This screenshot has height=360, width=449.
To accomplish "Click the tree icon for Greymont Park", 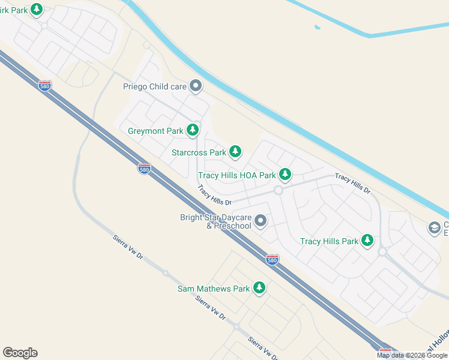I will coord(193,130).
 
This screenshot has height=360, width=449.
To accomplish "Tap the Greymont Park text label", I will coord(155,130).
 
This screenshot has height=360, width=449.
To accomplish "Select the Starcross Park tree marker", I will coord(236,152).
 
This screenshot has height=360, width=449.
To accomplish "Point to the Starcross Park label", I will coord(199,152).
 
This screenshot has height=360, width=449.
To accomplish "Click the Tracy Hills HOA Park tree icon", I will coord(285,175).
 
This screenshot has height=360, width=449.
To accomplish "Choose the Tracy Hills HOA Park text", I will coord(237,175).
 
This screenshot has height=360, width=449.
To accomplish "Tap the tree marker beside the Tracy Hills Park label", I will coord(367,241).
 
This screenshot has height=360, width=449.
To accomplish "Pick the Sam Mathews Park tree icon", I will coord(259,288).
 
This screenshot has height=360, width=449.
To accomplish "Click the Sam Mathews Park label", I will coord(213,289).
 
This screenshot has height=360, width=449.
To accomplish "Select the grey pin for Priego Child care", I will coord(196,86).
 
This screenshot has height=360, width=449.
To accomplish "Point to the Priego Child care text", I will coord(155,86).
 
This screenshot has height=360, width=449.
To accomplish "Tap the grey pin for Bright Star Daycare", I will coord(261,221).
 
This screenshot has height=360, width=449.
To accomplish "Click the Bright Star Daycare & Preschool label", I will coord(215,221).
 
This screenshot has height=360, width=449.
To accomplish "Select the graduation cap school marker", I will coord(434,227).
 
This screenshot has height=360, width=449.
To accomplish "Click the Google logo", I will coord(20,353).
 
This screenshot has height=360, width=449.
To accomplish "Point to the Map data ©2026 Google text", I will coord(412,355).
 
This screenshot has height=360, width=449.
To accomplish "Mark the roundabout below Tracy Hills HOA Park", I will coord(278,190).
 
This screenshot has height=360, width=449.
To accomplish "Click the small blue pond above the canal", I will coord(316,26).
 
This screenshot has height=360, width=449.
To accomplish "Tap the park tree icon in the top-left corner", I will coord(37,9).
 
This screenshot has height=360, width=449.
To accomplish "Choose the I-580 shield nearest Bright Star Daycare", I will coord(272,259).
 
